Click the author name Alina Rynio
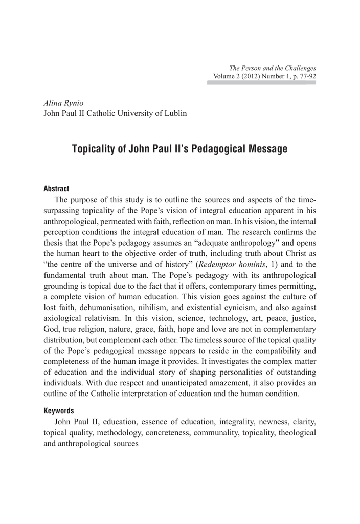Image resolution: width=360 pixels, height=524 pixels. coord(63,103)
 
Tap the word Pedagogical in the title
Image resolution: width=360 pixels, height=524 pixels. coord(218,149)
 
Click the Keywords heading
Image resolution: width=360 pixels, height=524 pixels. coord(59,410)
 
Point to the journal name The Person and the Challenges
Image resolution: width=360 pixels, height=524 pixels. coord(273,68)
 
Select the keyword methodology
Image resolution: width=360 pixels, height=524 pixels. coord(118,432)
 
